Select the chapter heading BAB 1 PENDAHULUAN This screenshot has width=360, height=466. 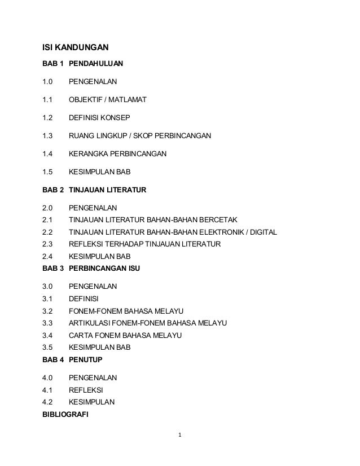point(83,65)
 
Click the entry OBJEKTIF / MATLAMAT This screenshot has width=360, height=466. point(107,100)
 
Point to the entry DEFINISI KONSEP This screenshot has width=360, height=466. point(99,118)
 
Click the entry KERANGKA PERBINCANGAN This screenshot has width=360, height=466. point(117,153)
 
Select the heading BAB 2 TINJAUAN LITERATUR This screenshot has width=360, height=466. point(94,190)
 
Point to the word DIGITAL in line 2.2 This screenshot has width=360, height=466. point(264,232)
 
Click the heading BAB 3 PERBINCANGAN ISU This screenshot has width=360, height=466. point(91,269)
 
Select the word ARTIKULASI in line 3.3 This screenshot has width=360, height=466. point(89,323)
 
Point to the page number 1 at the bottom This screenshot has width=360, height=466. point(179,436)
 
